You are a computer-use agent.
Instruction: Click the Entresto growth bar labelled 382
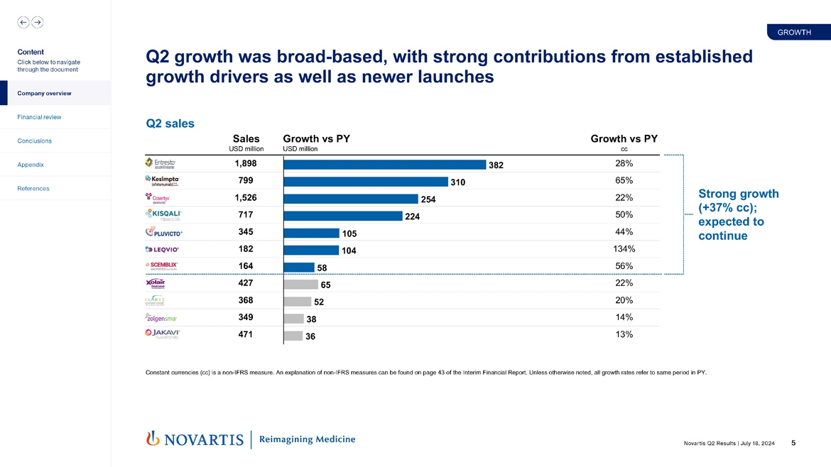click(384, 164)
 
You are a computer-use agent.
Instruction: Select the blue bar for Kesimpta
click(365, 181)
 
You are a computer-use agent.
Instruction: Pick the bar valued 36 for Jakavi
click(293, 336)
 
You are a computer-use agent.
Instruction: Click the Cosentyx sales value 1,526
click(245, 198)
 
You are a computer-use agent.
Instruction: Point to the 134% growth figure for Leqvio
click(624, 249)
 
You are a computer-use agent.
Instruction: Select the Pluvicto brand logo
click(164, 232)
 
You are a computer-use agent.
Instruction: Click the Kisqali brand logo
click(163, 214)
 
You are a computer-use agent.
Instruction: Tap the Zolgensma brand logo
click(161, 318)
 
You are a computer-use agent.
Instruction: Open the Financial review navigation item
click(40, 117)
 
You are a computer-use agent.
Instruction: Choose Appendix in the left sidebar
click(31, 165)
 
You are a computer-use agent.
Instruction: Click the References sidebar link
click(33, 189)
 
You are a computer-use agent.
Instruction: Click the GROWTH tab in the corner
click(794, 33)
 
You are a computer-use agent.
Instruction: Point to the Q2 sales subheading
click(170, 123)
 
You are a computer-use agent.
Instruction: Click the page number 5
click(793, 444)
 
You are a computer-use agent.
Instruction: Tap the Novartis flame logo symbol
click(151, 439)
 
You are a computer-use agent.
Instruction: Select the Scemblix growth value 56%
click(624, 266)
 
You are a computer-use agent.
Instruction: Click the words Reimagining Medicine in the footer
click(307, 439)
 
